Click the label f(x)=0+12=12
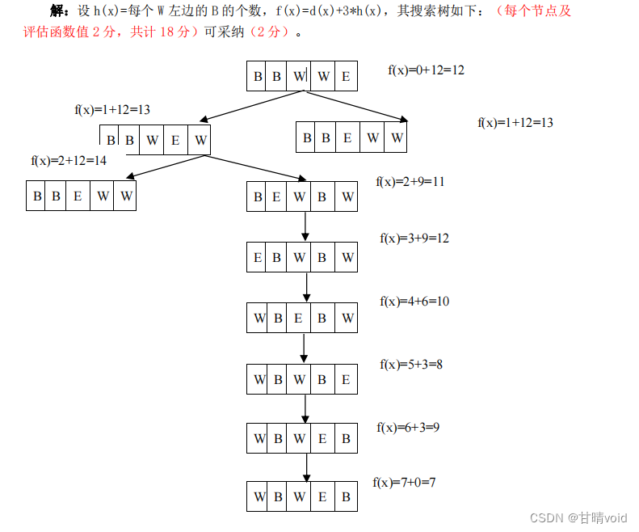pos(426,70)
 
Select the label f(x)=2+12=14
pos(69,161)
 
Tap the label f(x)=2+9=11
pos(410,182)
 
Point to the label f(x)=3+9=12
pos(414,239)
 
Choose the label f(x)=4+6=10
pos(414,302)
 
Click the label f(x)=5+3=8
pos(411,365)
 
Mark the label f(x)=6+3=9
pos(408,427)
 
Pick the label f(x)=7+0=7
pos(404,483)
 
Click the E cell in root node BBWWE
pos(346,77)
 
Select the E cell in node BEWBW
pos(277,196)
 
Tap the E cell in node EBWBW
pos(258,258)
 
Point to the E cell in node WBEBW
pos(298,319)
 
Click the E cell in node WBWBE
pos(346,379)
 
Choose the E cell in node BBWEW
pos(175,140)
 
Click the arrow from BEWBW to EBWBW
pos(306,226)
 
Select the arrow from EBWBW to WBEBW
pos(306,288)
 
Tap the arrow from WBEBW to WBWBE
pos(304,348)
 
